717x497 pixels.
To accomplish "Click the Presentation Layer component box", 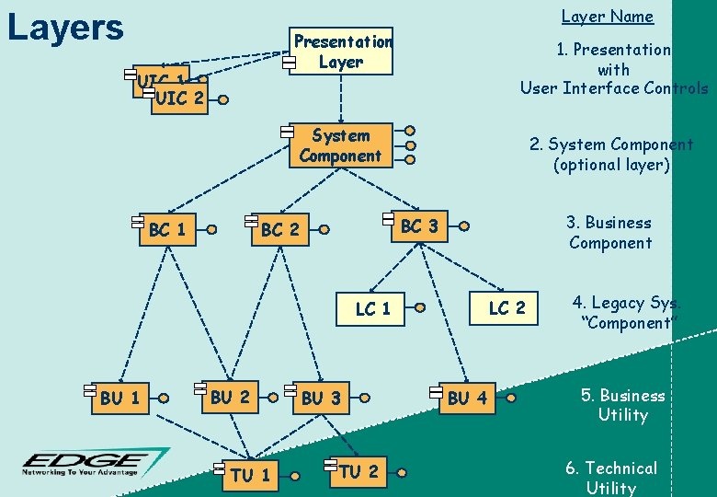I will pyautogui.click(x=341, y=52).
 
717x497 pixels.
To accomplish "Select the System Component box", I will pyautogui.click(x=340, y=145).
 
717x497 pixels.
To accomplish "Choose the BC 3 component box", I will pyautogui.click(x=419, y=225).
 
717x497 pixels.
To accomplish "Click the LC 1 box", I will pyautogui.click(x=373, y=308).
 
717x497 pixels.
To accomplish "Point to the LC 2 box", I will pyautogui.click(x=506, y=307).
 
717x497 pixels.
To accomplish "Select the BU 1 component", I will pyautogui.click(x=119, y=398).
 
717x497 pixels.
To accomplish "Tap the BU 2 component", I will pyautogui.click(x=230, y=397).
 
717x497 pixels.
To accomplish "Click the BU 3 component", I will pyautogui.click(x=321, y=398).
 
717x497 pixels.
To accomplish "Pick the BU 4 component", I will pyautogui.click(x=468, y=398).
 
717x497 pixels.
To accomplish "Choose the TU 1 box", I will pyautogui.click(x=250, y=475).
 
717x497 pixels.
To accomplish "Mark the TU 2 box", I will pyautogui.click(x=358, y=471).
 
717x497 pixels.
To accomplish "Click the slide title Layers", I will pyautogui.click(x=64, y=28).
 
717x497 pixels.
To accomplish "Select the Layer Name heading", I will pyautogui.click(x=607, y=16).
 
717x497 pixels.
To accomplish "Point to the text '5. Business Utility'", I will pyautogui.click(x=622, y=405).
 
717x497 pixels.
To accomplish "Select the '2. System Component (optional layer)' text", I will pyautogui.click(x=611, y=155).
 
